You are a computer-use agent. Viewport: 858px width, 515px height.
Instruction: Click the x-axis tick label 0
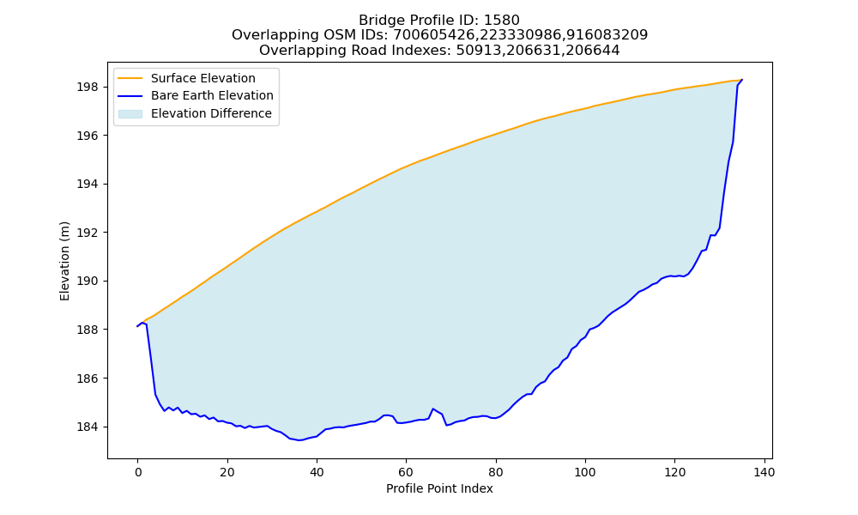click(138, 472)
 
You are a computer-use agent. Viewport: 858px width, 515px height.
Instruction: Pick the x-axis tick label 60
click(406, 472)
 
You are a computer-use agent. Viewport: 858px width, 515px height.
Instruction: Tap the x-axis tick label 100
click(585, 472)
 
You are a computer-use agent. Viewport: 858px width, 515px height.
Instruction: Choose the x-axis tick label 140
click(764, 472)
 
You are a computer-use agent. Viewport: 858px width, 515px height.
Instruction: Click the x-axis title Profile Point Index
click(439, 488)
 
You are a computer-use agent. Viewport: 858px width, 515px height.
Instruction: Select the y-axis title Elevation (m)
click(64, 261)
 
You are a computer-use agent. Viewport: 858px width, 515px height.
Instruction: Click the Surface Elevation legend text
click(203, 78)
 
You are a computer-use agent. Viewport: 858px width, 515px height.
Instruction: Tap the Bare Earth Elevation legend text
click(212, 95)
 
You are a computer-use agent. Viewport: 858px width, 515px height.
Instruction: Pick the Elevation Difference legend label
click(211, 113)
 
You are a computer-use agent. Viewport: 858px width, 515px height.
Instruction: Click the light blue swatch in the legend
click(130, 114)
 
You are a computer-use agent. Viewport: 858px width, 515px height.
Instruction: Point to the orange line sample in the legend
click(130, 78)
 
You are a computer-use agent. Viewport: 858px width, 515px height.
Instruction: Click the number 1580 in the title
click(502, 21)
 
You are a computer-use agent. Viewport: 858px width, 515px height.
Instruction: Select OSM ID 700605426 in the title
click(432, 35)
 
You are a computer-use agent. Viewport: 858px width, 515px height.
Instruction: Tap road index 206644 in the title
click(594, 51)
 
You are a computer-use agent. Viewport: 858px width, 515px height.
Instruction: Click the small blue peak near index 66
click(433, 409)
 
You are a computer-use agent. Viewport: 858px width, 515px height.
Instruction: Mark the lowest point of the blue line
click(299, 440)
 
